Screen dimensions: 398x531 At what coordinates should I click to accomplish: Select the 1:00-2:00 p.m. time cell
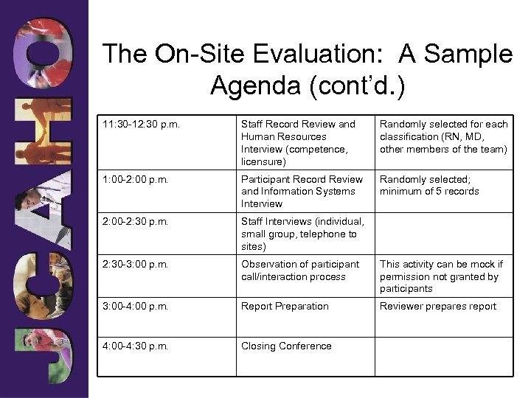tap(137, 179)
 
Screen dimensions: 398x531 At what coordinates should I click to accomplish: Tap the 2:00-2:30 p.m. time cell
tap(137, 222)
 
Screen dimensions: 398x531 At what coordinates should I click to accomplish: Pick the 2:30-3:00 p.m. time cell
tap(137, 264)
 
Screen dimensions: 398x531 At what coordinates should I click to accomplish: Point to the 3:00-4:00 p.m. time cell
tap(137, 307)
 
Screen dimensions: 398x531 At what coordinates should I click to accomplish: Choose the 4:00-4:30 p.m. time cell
tap(137, 346)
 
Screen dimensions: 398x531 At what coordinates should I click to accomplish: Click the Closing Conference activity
tap(286, 346)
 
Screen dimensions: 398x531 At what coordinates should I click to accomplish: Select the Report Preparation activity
tap(285, 307)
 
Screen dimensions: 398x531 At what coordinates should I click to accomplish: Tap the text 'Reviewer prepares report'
tap(438, 307)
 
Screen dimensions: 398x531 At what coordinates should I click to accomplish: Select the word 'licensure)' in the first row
tap(263, 161)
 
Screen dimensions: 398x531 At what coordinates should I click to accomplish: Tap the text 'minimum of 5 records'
tap(429, 192)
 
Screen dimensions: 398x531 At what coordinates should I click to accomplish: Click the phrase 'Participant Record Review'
tap(302, 179)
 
